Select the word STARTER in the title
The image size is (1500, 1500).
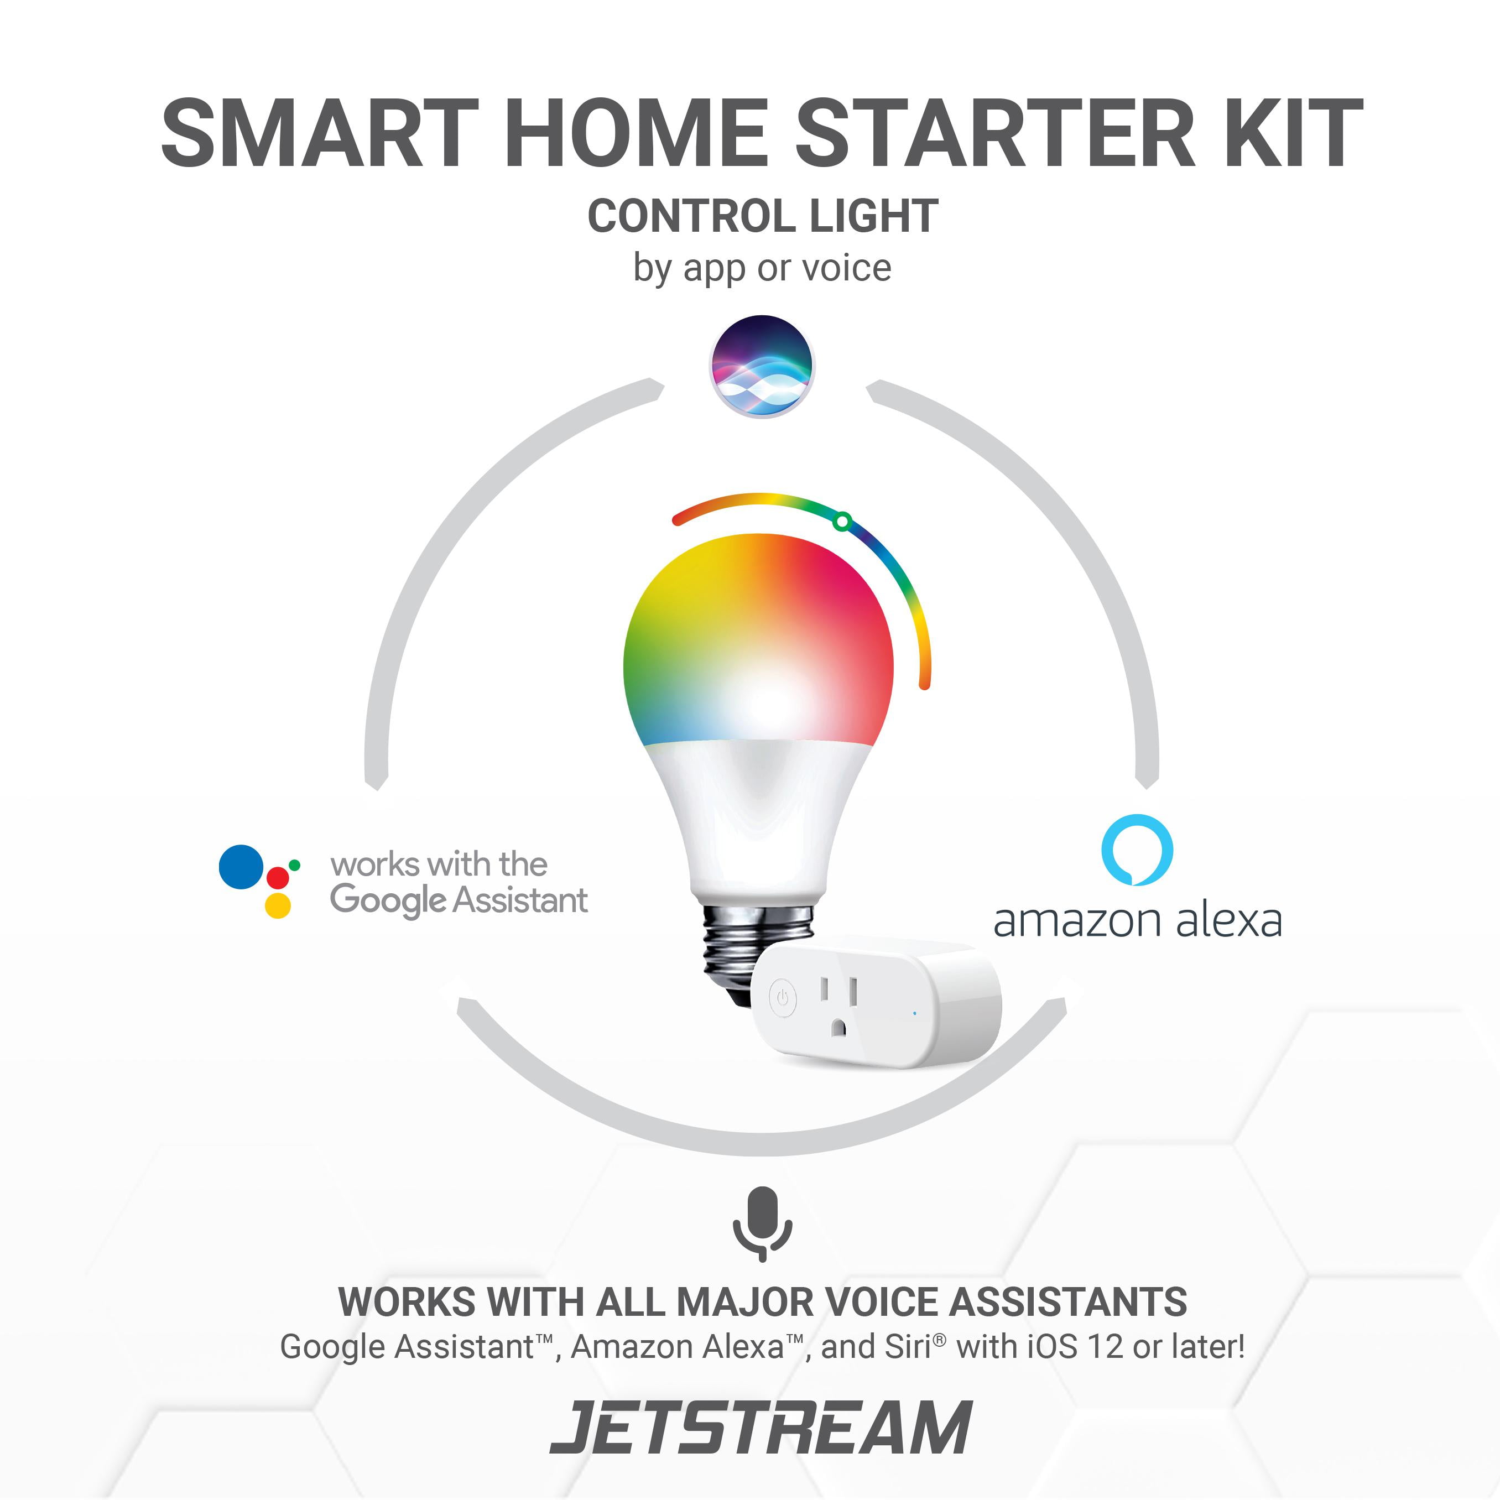[x=994, y=133]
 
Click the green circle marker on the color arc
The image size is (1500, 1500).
[x=842, y=522]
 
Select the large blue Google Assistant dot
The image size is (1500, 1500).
[x=241, y=867]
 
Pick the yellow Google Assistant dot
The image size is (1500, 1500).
[x=278, y=905]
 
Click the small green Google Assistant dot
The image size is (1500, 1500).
[x=294, y=865]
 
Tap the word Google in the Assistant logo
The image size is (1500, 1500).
[x=387, y=900]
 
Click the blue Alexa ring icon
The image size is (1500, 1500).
[x=1137, y=850]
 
